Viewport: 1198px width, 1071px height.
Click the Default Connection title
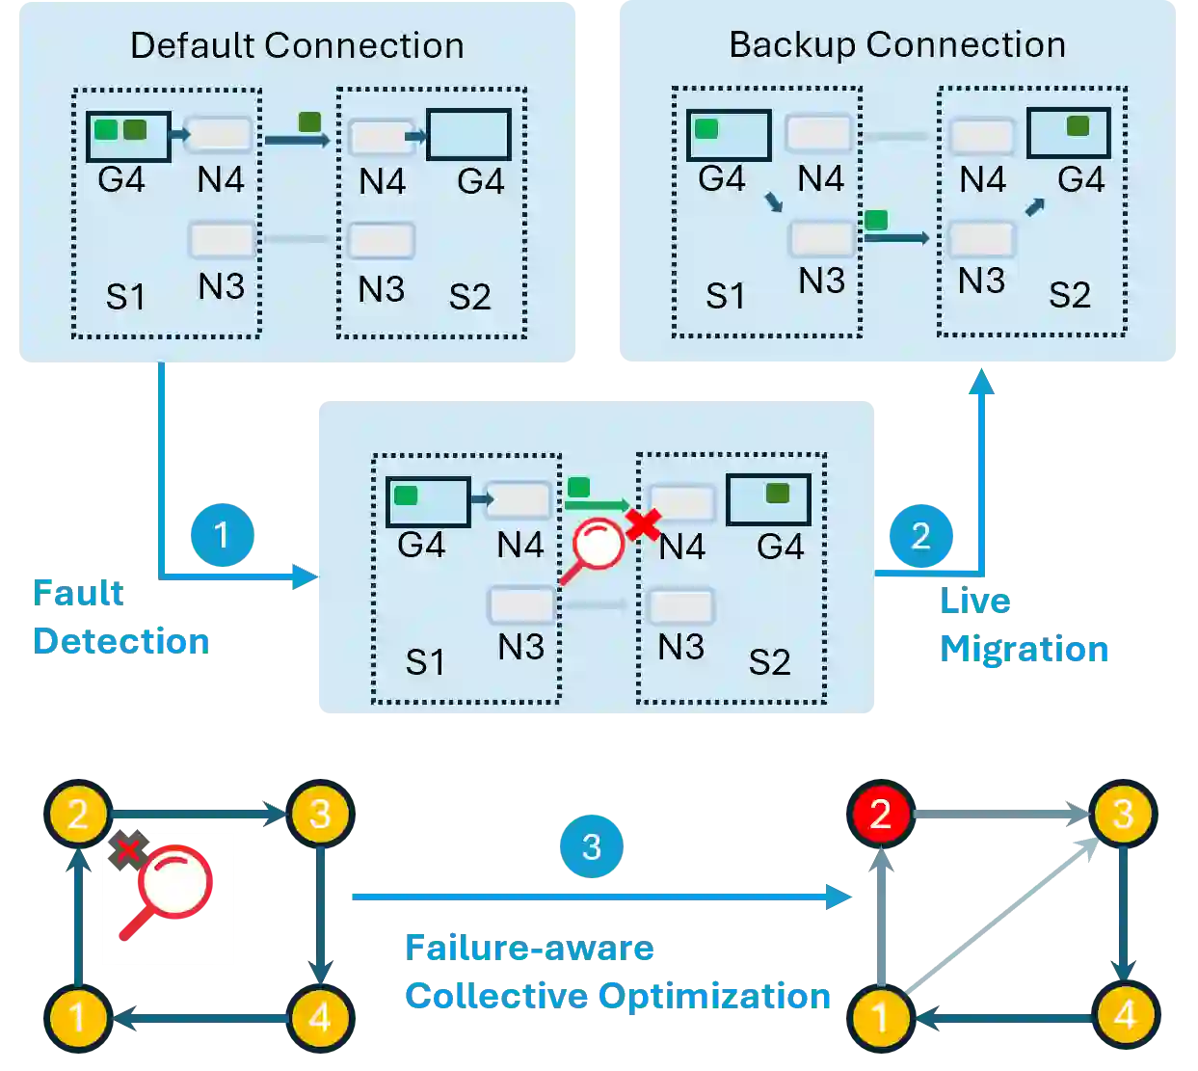click(x=297, y=45)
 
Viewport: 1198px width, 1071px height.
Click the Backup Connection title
click(x=897, y=44)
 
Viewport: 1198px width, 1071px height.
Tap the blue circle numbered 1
click(x=223, y=535)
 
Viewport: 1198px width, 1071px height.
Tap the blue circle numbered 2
click(x=920, y=536)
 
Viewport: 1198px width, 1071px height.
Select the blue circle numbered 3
click(x=591, y=846)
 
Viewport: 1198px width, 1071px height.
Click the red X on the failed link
click(x=643, y=525)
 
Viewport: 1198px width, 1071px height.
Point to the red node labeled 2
click(x=880, y=815)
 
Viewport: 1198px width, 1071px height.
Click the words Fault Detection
click(x=119, y=617)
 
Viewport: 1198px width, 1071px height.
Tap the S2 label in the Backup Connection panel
click(x=1069, y=294)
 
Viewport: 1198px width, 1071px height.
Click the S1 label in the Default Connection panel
click(x=125, y=297)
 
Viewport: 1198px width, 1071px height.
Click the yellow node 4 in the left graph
click(x=319, y=1017)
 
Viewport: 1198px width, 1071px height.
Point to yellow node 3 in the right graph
click(x=1123, y=815)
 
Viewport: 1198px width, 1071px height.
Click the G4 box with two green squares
click(x=128, y=136)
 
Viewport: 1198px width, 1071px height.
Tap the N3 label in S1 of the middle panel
click(x=520, y=647)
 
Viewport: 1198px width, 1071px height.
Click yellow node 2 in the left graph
click(x=78, y=814)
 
